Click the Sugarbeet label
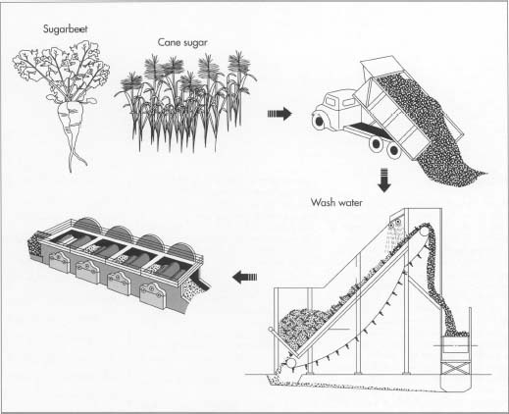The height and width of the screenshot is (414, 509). (66, 29)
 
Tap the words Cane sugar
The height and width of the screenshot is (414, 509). (182, 43)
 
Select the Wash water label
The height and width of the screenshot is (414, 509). (336, 202)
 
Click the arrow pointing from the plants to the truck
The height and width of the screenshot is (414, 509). (280, 114)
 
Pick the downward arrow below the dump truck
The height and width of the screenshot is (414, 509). (384, 181)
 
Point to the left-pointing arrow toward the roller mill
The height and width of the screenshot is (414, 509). (244, 278)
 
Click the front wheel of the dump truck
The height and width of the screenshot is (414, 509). (318, 122)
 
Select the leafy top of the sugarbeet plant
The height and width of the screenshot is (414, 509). (61, 70)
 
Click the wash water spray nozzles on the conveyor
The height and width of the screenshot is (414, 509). (394, 225)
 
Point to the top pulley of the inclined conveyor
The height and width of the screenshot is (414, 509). (426, 232)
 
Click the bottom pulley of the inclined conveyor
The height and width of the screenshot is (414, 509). (290, 363)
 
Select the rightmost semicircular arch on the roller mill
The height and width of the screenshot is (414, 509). (181, 250)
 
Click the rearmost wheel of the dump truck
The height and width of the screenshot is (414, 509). (394, 150)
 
